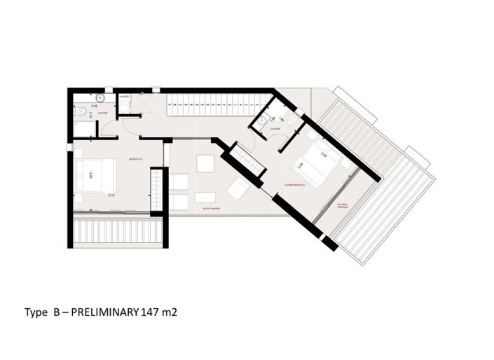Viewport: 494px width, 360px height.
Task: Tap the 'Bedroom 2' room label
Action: coord(135,160)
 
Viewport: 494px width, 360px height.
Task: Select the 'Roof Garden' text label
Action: coord(212,208)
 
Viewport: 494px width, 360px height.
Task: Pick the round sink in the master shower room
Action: coord(261,120)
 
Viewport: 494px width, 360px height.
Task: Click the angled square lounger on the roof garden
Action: coord(236,188)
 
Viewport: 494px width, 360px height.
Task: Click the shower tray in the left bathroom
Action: coord(83,128)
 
